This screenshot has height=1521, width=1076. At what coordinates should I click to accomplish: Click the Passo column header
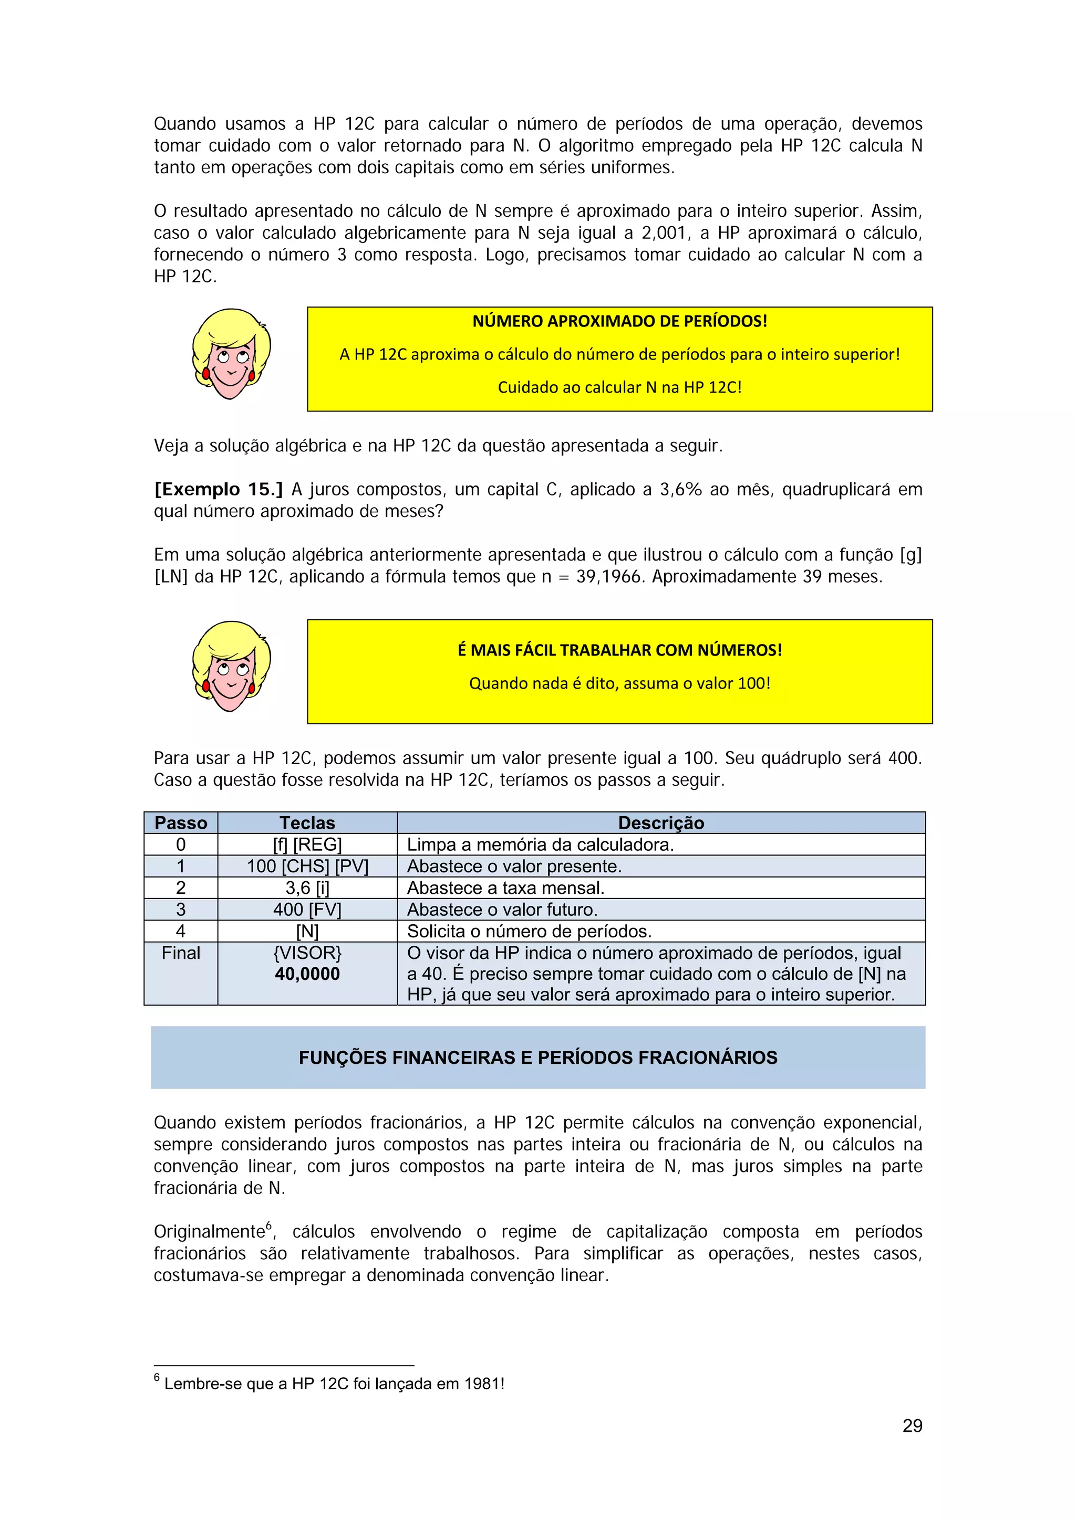[180, 823]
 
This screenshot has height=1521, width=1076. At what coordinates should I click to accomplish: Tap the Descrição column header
[660, 823]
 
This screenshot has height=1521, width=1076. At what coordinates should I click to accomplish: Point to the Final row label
[180, 953]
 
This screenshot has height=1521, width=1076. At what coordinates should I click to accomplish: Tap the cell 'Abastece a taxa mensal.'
[505, 888]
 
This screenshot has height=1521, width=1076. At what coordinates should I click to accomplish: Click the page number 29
[912, 1425]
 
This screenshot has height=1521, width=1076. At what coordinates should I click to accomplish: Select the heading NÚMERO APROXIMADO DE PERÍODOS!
[619, 321]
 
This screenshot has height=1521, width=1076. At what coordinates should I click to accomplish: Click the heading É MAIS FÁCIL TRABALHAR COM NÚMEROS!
[619, 650]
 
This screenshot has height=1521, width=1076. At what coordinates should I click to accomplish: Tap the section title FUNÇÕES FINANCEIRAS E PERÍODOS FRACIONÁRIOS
[537, 1057]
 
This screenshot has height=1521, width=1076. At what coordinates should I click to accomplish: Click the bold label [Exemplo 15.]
[218, 490]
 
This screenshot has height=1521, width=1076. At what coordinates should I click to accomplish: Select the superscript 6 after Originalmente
[268, 1226]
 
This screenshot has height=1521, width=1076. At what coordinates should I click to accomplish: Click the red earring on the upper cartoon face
[206, 374]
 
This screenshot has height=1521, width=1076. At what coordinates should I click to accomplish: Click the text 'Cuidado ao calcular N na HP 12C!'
[619, 387]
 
